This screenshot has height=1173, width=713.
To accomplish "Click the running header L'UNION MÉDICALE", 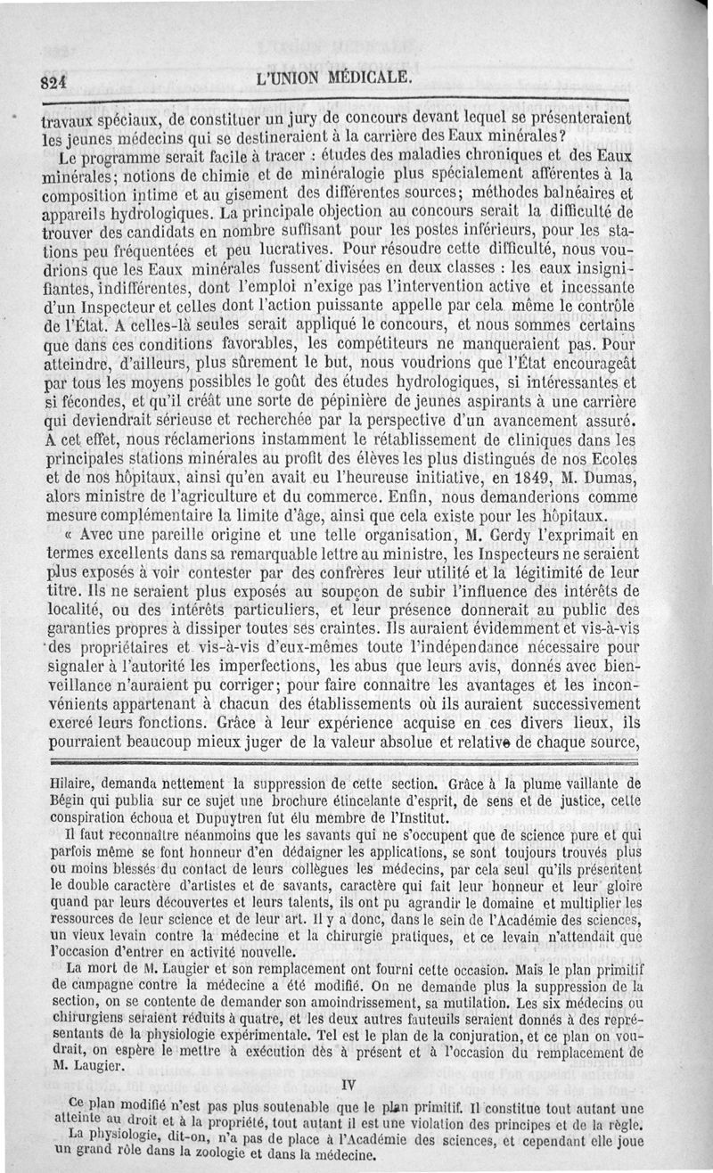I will (x=332, y=78).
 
